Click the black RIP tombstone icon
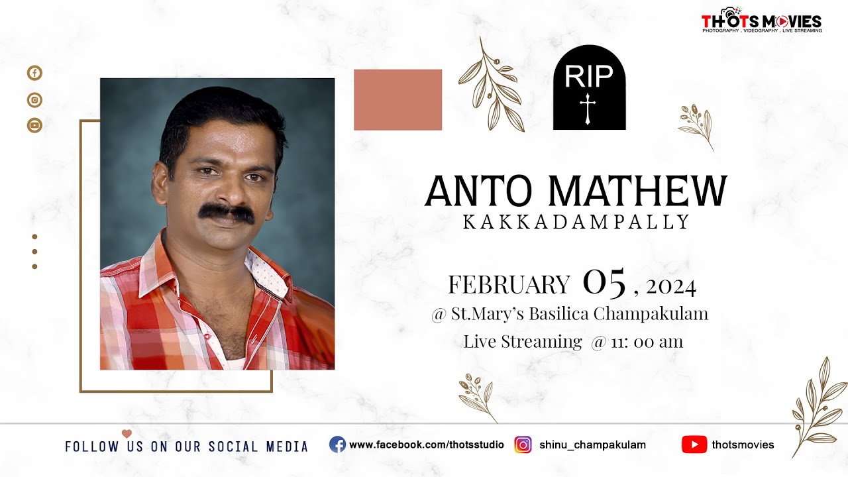click(x=589, y=87)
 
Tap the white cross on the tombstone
click(x=587, y=109)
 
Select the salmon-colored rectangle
click(x=397, y=99)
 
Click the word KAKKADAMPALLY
click(x=576, y=223)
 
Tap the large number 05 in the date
click(x=604, y=283)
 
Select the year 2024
click(x=670, y=287)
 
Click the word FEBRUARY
click(x=508, y=285)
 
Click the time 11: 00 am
click(x=647, y=342)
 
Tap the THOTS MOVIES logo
click(x=761, y=21)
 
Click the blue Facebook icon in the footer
click(x=337, y=445)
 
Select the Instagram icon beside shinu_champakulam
click(x=523, y=445)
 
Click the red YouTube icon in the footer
click(x=694, y=445)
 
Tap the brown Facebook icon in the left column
click(x=34, y=73)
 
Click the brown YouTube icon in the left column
click(x=34, y=125)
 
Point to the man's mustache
click(x=227, y=213)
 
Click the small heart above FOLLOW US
click(x=127, y=434)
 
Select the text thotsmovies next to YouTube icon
click(x=743, y=445)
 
